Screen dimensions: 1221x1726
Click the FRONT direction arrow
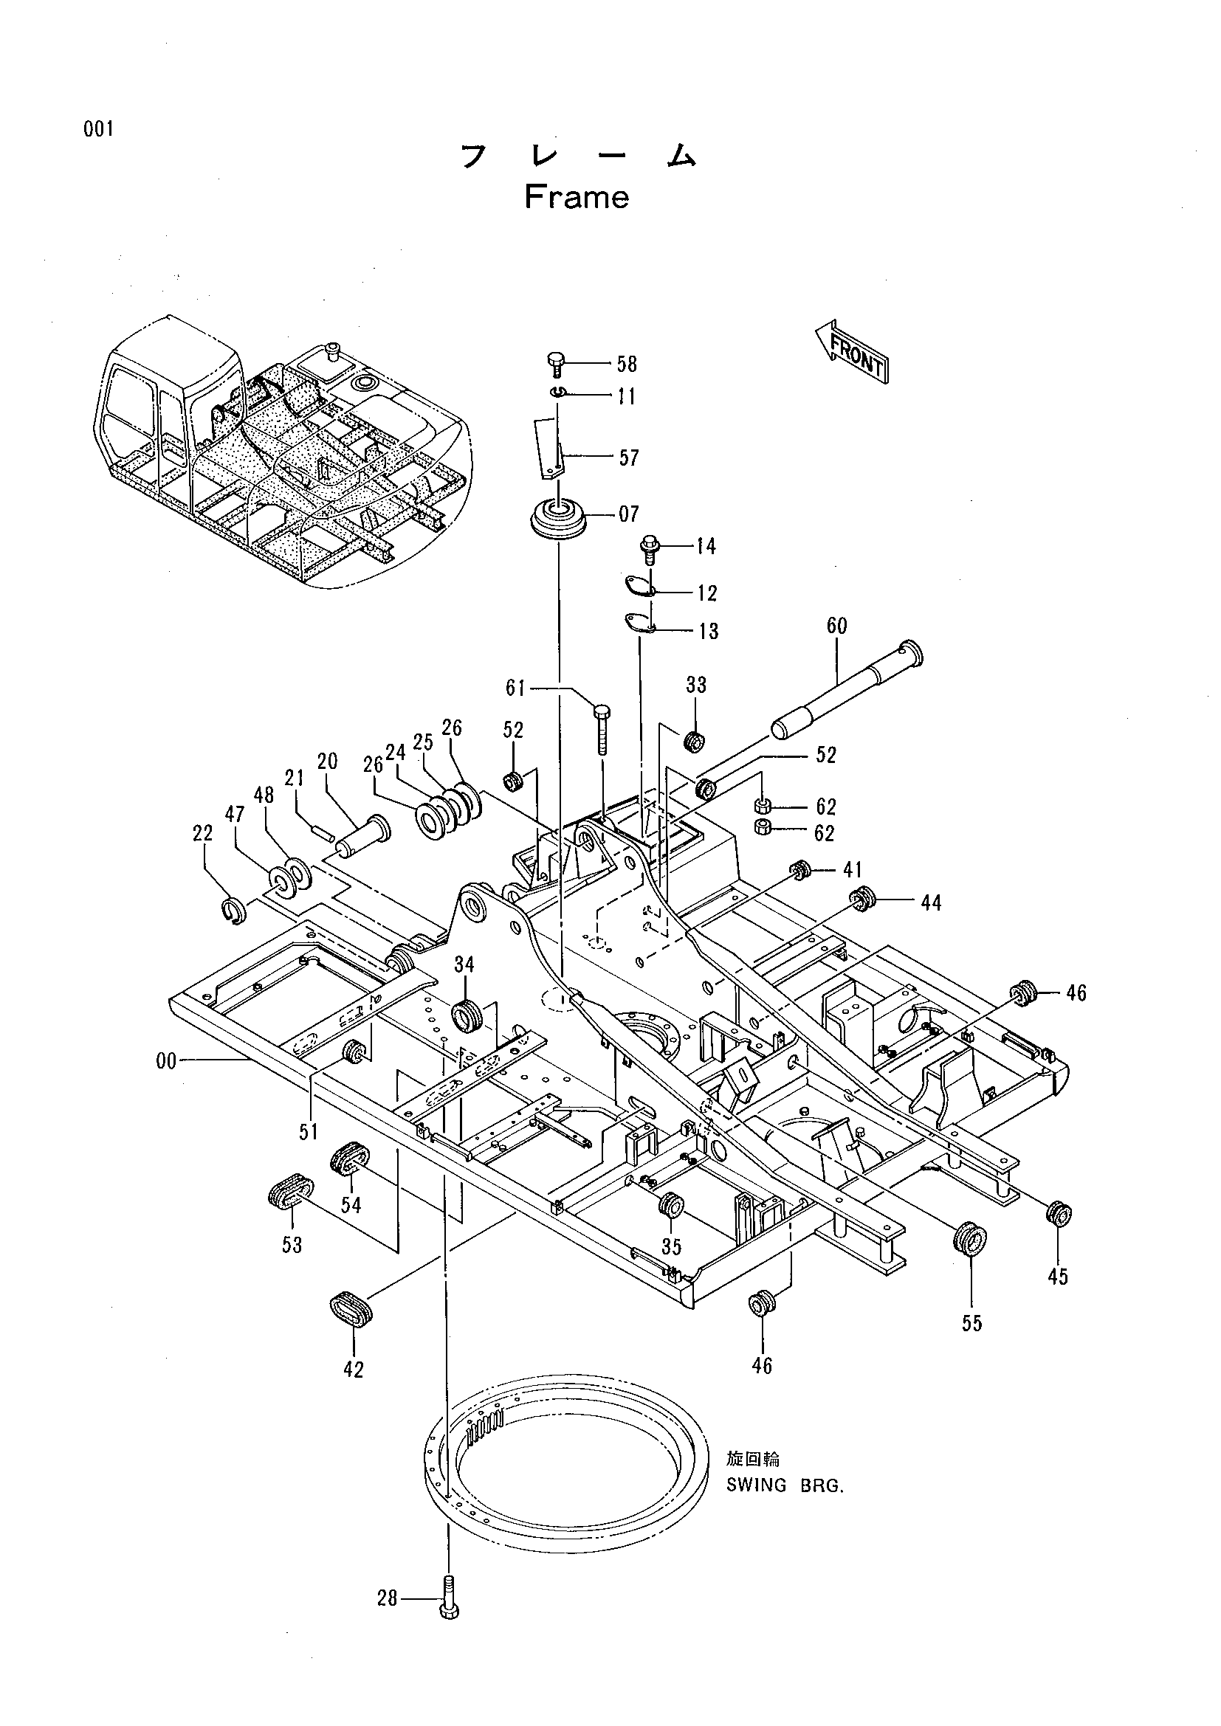[852, 352]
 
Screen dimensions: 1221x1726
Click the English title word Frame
[577, 197]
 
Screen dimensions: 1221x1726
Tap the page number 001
[98, 129]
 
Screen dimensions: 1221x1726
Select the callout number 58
[626, 365]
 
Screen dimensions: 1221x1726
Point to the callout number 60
[836, 626]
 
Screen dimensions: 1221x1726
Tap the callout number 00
[166, 1060]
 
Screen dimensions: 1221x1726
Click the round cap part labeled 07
[560, 519]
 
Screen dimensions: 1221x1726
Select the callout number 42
[353, 1370]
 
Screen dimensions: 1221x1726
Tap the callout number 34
[464, 964]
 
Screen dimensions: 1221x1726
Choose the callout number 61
[516, 688]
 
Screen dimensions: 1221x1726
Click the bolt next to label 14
[649, 550]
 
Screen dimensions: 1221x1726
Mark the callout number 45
[1057, 1277]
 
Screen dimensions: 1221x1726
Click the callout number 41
[852, 870]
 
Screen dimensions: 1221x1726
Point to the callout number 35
[670, 1246]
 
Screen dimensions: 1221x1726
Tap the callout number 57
[628, 458]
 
